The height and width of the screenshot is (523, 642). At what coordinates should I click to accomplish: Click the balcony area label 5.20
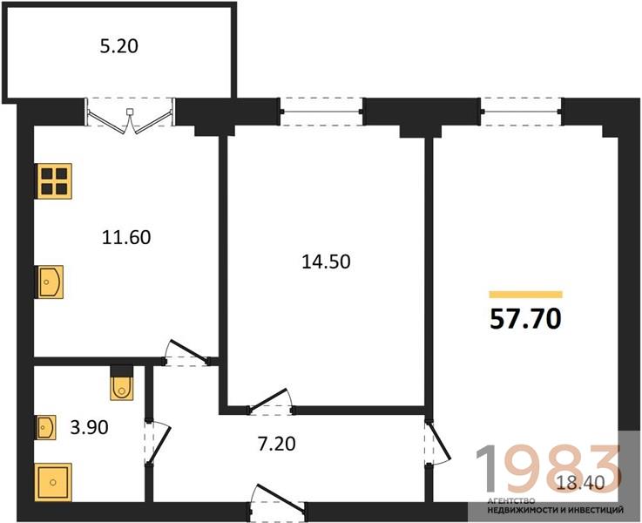[119, 46]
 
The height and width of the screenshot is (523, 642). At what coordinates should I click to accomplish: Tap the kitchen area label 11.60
[126, 238]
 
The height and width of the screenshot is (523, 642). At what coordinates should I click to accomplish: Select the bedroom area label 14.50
[326, 261]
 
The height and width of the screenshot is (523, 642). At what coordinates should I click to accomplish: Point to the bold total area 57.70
[525, 319]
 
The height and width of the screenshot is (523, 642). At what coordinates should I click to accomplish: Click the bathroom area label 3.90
[89, 428]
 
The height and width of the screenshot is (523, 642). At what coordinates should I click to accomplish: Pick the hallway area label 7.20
[277, 444]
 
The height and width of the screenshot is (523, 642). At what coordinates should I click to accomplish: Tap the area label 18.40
[580, 483]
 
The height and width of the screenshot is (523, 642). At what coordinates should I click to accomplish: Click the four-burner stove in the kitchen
[54, 181]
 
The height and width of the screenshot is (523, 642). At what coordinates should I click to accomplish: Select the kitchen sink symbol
[49, 282]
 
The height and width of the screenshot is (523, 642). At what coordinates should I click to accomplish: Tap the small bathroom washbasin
[45, 428]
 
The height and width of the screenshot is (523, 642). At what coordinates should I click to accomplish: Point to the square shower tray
[53, 482]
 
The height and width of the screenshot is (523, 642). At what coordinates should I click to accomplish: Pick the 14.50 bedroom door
[270, 401]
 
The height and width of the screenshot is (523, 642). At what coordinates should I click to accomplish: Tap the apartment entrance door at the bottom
[278, 501]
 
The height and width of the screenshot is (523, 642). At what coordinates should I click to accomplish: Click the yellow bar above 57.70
[526, 295]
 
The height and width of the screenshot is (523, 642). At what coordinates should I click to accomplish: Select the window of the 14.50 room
[321, 112]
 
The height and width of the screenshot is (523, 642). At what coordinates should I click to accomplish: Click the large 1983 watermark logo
[550, 469]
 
